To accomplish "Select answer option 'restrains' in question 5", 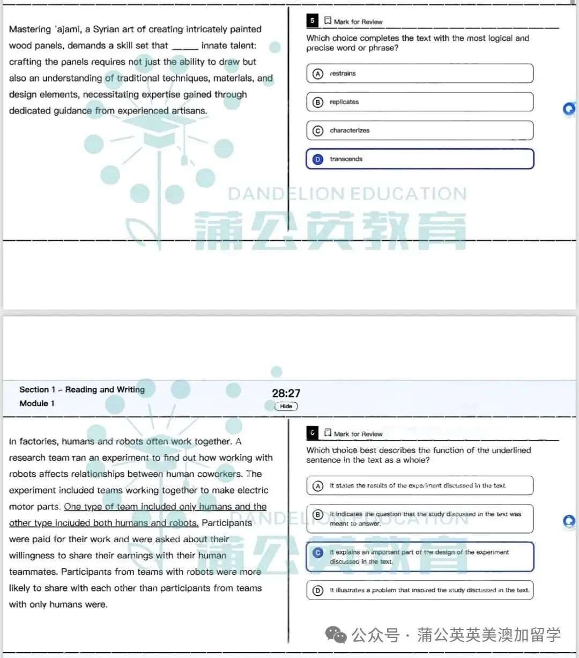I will click(x=419, y=73).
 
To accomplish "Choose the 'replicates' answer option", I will click(x=419, y=102).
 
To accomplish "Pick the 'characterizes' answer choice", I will click(x=419, y=130).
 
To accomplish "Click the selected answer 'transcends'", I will click(x=419, y=159).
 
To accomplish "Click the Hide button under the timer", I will click(x=286, y=406).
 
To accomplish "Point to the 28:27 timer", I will click(x=286, y=393).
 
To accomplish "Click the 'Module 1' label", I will click(x=37, y=403).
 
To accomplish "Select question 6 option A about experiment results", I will click(x=419, y=485).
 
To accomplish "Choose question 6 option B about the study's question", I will click(x=419, y=519).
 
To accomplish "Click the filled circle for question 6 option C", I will click(x=318, y=552).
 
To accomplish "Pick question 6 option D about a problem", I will click(x=419, y=590).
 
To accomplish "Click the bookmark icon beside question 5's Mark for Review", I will click(x=328, y=21).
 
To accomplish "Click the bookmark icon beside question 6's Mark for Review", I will click(x=328, y=433).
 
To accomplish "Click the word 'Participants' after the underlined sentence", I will click(x=227, y=523).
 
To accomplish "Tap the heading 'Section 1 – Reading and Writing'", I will click(x=82, y=390).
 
